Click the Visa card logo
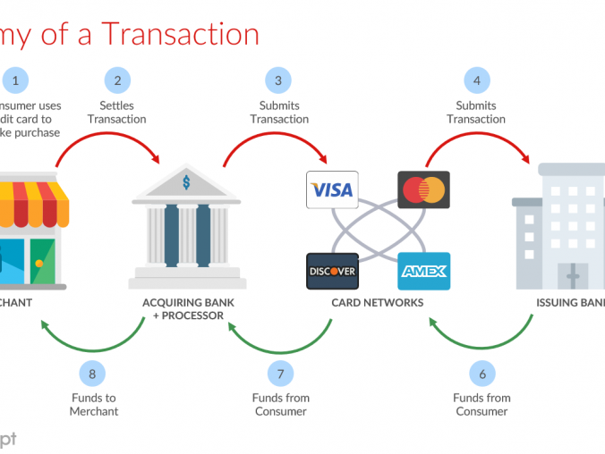tap(332, 189)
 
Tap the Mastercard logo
tap(423, 189)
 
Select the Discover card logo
tap(332, 271)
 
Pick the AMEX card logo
tap(423, 271)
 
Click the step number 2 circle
tap(117, 80)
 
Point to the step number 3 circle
tap(279, 80)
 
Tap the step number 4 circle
tap(476, 80)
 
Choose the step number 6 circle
tap(481, 374)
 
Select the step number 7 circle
tap(279, 374)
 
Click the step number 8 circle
tap(94, 374)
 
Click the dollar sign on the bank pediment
tap(186, 182)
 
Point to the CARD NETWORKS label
tap(377, 303)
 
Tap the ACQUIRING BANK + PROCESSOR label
tap(188, 308)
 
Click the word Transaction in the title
tap(179, 34)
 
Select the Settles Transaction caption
tap(117, 113)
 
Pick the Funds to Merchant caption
tap(94, 405)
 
